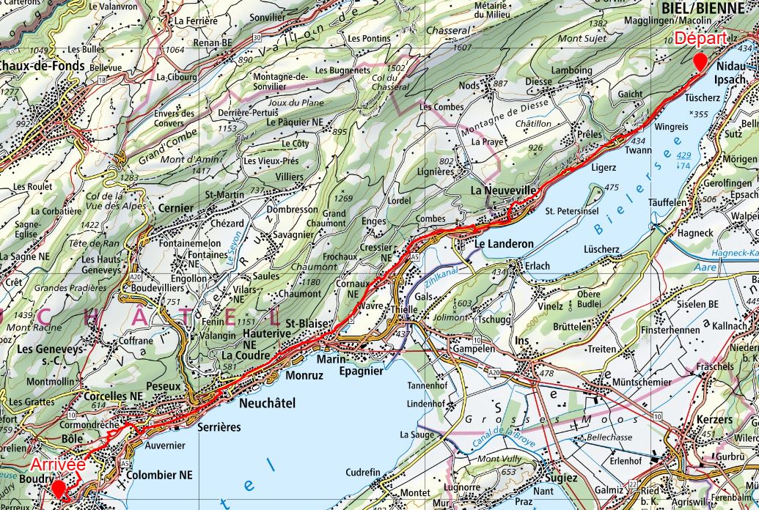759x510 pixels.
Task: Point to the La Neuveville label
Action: click(x=504, y=191)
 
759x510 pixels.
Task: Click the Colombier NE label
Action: click(x=159, y=475)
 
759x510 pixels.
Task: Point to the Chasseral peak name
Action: click(x=447, y=31)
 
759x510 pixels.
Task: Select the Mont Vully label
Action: click(x=498, y=459)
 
